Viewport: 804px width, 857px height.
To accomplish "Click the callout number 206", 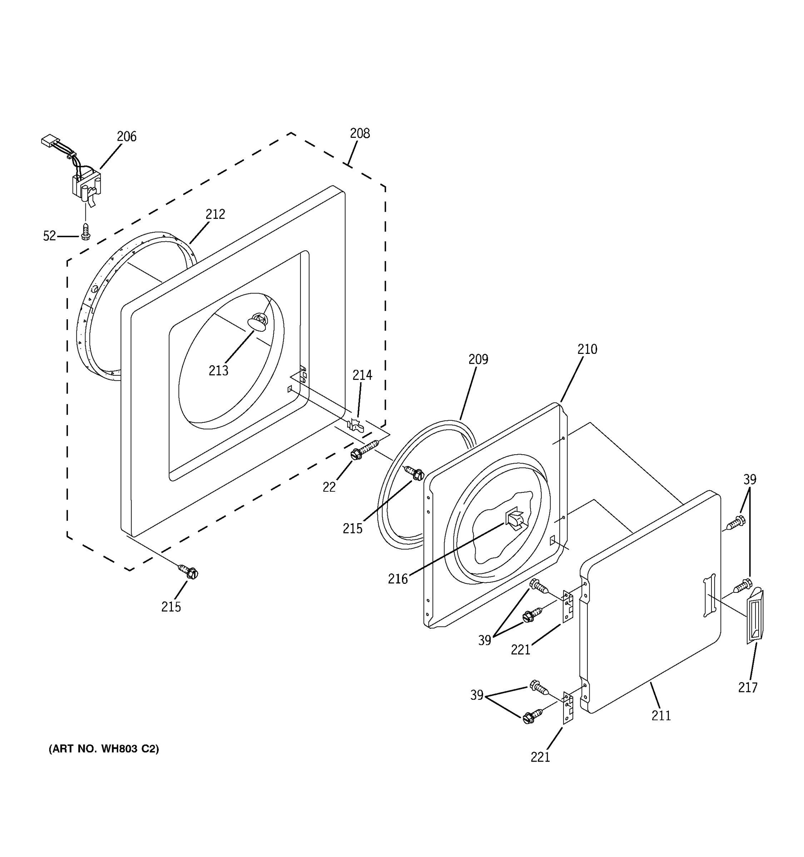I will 126,137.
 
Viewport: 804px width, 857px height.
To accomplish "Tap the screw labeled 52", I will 85,231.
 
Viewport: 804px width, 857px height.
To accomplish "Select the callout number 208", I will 360,134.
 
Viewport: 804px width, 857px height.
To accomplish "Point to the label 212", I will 215,214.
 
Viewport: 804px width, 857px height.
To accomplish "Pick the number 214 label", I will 362,376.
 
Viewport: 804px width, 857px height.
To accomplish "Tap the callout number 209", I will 478,359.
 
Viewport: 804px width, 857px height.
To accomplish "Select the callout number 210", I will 587,349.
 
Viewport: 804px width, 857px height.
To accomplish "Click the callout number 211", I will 661,716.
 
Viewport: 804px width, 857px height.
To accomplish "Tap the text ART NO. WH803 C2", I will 104,749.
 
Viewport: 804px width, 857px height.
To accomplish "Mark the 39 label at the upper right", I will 750,479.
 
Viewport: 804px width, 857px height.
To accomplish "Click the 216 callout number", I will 398,579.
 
